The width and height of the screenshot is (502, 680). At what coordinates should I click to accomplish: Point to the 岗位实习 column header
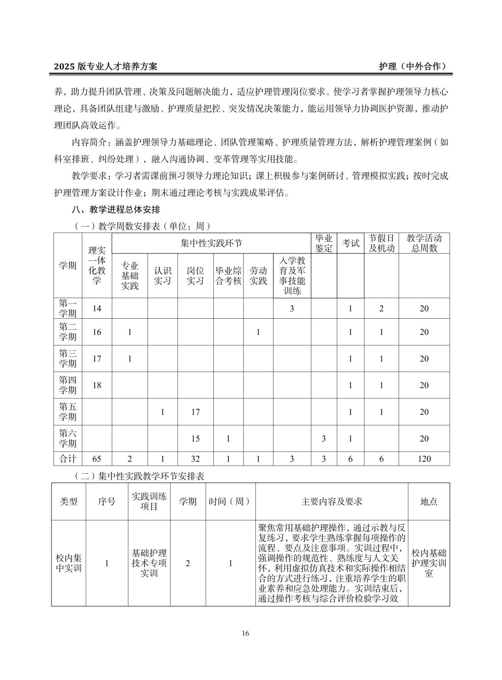pyautogui.click(x=195, y=276)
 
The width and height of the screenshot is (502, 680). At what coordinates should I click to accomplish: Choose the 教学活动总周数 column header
pyautogui.click(x=424, y=243)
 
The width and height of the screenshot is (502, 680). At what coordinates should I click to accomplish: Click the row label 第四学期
pyautogui.click(x=68, y=385)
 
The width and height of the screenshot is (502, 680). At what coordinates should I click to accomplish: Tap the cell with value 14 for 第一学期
pyautogui.click(x=97, y=308)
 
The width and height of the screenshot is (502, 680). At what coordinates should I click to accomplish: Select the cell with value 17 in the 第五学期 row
pyautogui.click(x=195, y=412)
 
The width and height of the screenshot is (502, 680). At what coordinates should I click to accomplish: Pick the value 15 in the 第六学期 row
pyautogui.click(x=195, y=439)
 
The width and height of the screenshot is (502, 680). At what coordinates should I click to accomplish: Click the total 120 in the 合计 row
pyautogui.click(x=424, y=459)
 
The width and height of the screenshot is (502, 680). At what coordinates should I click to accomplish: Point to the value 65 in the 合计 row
pyautogui.click(x=97, y=459)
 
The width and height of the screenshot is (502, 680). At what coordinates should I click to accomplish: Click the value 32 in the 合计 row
pyautogui.click(x=195, y=459)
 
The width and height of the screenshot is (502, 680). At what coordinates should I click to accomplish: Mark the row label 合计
pyautogui.click(x=68, y=459)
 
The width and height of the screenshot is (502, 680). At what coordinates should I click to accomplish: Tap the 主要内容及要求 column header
pyautogui.click(x=331, y=501)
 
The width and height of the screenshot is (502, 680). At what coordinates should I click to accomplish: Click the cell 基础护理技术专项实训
pyautogui.click(x=149, y=563)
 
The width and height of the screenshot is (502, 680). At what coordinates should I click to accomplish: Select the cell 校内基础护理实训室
pyautogui.click(x=428, y=563)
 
